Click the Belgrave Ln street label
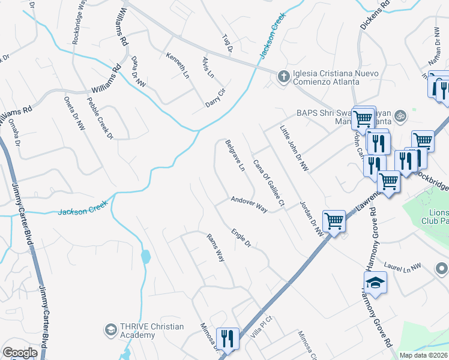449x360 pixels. click(x=235, y=156)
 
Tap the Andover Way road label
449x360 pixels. click(x=249, y=205)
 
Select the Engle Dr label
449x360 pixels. click(x=240, y=238)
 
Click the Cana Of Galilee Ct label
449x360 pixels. click(x=268, y=184)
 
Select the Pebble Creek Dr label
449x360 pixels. click(x=100, y=118)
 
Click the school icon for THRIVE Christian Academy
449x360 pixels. click(x=110, y=329)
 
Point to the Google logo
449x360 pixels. click(x=20, y=352)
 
